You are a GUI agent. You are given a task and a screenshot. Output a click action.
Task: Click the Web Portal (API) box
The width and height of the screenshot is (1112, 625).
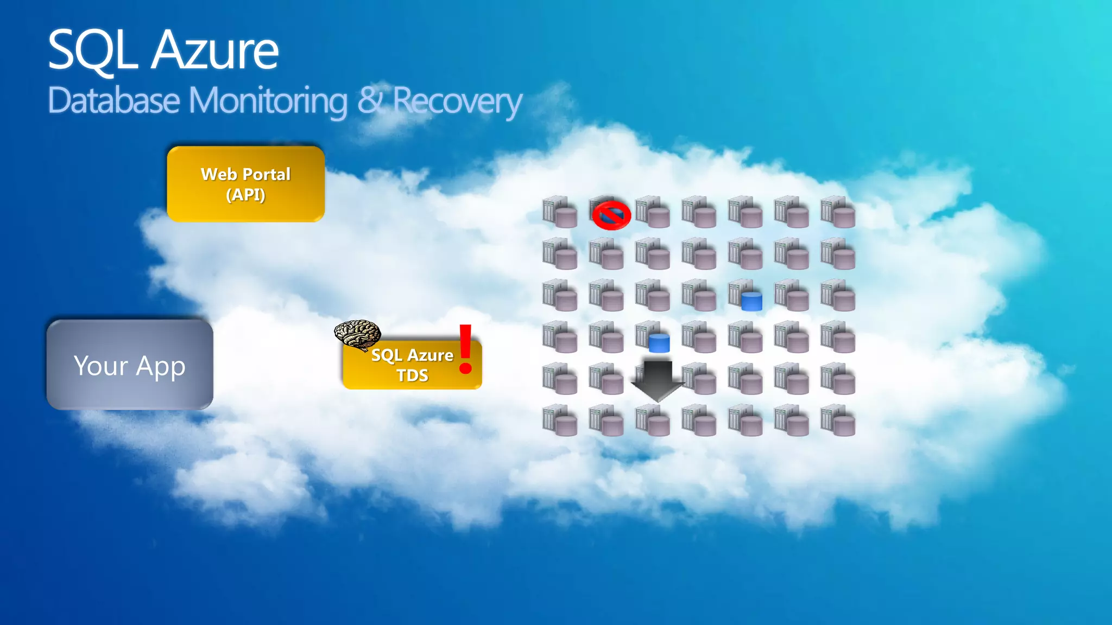(x=245, y=184)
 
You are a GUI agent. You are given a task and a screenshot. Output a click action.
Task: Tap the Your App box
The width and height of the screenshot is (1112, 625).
(x=130, y=365)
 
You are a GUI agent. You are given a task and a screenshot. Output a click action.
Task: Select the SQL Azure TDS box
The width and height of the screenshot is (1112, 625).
(x=412, y=365)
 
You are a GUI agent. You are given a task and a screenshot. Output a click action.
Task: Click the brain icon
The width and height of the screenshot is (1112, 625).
(x=357, y=334)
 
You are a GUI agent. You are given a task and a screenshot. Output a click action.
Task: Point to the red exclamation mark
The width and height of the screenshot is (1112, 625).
(x=465, y=349)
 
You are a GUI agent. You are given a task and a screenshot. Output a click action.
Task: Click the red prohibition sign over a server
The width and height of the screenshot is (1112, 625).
(x=611, y=215)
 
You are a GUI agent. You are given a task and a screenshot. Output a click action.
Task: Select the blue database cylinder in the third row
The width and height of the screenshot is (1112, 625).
(x=751, y=301)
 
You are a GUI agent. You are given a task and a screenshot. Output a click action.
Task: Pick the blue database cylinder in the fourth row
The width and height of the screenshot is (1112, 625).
(x=659, y=343)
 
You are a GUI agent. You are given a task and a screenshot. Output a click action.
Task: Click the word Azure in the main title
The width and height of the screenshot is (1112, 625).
(x=215, y=50)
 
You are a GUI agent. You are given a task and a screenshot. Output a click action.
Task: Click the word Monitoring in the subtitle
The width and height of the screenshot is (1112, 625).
(x=268, y=101)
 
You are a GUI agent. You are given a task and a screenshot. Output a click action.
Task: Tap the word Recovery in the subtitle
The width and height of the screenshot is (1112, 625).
(x=457, y=101)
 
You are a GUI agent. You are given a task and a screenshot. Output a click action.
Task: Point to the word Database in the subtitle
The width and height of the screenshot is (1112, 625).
(x=113, y=101)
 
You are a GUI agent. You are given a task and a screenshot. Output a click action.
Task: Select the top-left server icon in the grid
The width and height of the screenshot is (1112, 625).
(x=559, y=212)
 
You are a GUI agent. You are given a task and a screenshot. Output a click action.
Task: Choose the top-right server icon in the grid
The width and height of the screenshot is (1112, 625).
(x=838, y=212)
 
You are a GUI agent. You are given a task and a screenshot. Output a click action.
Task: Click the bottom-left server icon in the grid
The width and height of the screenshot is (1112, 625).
(x=559, y=420)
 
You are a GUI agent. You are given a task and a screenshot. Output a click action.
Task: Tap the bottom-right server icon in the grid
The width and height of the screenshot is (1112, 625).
(x=838, y=420)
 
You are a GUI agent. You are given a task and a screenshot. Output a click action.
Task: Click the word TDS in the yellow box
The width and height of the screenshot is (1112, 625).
(x=412, y=375)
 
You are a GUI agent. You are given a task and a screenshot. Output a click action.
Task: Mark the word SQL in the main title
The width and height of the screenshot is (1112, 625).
(x=92, y=50)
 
